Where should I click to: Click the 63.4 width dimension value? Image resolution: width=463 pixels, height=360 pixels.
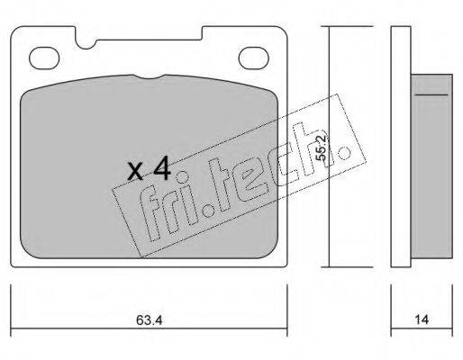click(x=150, y=319)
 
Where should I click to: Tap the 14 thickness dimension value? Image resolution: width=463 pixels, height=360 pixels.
click(x=422, y=319)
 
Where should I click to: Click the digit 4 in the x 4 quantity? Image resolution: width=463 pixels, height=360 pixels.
click(x=162, y=170)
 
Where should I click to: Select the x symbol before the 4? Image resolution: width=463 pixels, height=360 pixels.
click(x=135, y=172)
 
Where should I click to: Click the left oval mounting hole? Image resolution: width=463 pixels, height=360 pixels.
click(x=44, y=58)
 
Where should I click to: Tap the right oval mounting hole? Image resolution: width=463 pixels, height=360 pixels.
click(x=253, y=58)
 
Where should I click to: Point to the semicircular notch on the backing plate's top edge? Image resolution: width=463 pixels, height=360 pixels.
click(x=86, y=44)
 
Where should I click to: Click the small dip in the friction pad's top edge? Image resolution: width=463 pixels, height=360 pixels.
click(x=150, y=76)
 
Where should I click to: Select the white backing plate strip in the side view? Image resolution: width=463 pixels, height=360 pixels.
click(x=401, y=147)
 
